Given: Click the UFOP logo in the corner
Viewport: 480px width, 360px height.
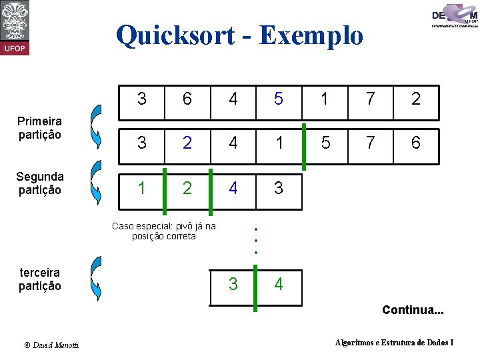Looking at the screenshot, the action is point(15,28).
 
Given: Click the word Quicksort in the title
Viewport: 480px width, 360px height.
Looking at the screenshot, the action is point(175,35).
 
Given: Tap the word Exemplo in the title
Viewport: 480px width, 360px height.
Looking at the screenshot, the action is point(311,35).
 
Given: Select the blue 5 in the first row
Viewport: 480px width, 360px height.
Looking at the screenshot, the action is point(279,99).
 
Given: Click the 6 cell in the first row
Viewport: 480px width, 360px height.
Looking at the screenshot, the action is point(187,99).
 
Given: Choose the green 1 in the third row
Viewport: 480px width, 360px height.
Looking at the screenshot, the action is point(141,188).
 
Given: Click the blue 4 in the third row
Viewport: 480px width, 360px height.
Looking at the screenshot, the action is point(233,188).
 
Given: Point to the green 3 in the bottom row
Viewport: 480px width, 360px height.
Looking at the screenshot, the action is point(233,285).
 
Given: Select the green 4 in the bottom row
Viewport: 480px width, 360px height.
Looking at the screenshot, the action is point(279,285).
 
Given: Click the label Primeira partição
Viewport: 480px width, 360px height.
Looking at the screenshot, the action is point(40,127).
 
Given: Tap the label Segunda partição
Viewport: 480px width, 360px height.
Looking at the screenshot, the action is point(40,183).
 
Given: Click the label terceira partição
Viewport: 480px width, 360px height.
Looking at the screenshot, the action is point(40,279).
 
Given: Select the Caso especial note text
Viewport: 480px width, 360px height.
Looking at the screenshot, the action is point(164,231).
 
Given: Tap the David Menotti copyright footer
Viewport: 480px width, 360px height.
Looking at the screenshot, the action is point(51,345).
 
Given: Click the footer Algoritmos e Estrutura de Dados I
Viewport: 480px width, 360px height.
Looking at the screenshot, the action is point(394,343).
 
